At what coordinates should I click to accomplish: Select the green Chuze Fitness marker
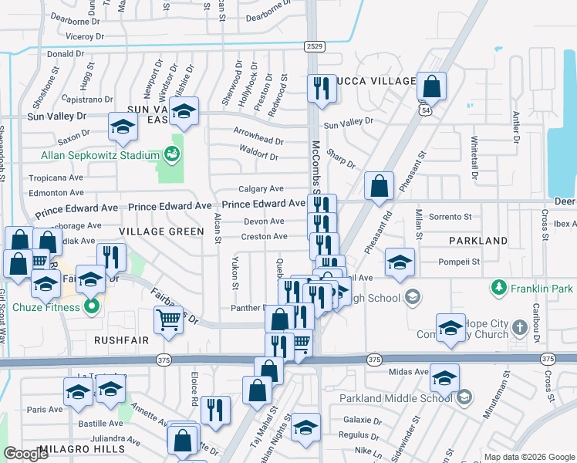click(x=92, y=307)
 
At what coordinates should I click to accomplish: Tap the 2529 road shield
click(x=313, y=46)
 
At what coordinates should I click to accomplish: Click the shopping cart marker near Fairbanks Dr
click(x=168, y=319)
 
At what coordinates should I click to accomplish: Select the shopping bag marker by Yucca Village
click(x=432, y=86)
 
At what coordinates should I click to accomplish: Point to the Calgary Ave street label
click(x=261, y=188)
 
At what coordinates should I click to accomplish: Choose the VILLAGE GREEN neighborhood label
click(x=150, y=231)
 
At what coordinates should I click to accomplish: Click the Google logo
click(x=26, y=454)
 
